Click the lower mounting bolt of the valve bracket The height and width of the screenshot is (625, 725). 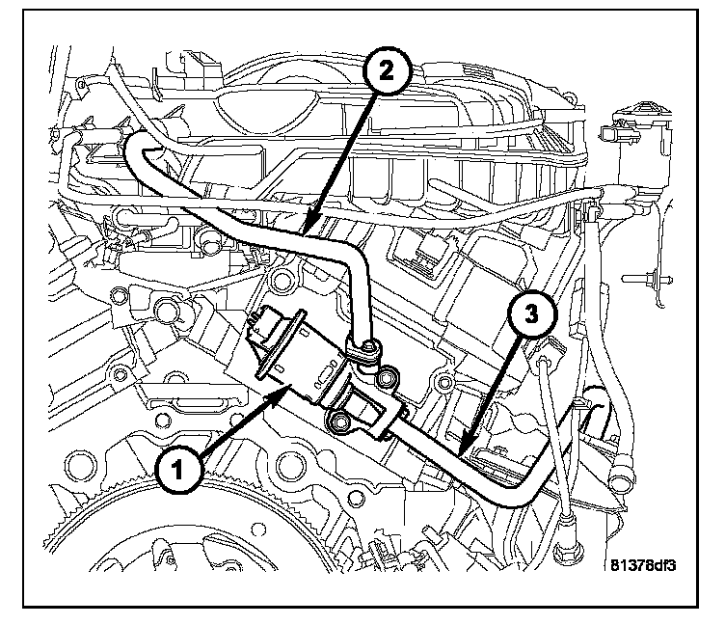[339, 421]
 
